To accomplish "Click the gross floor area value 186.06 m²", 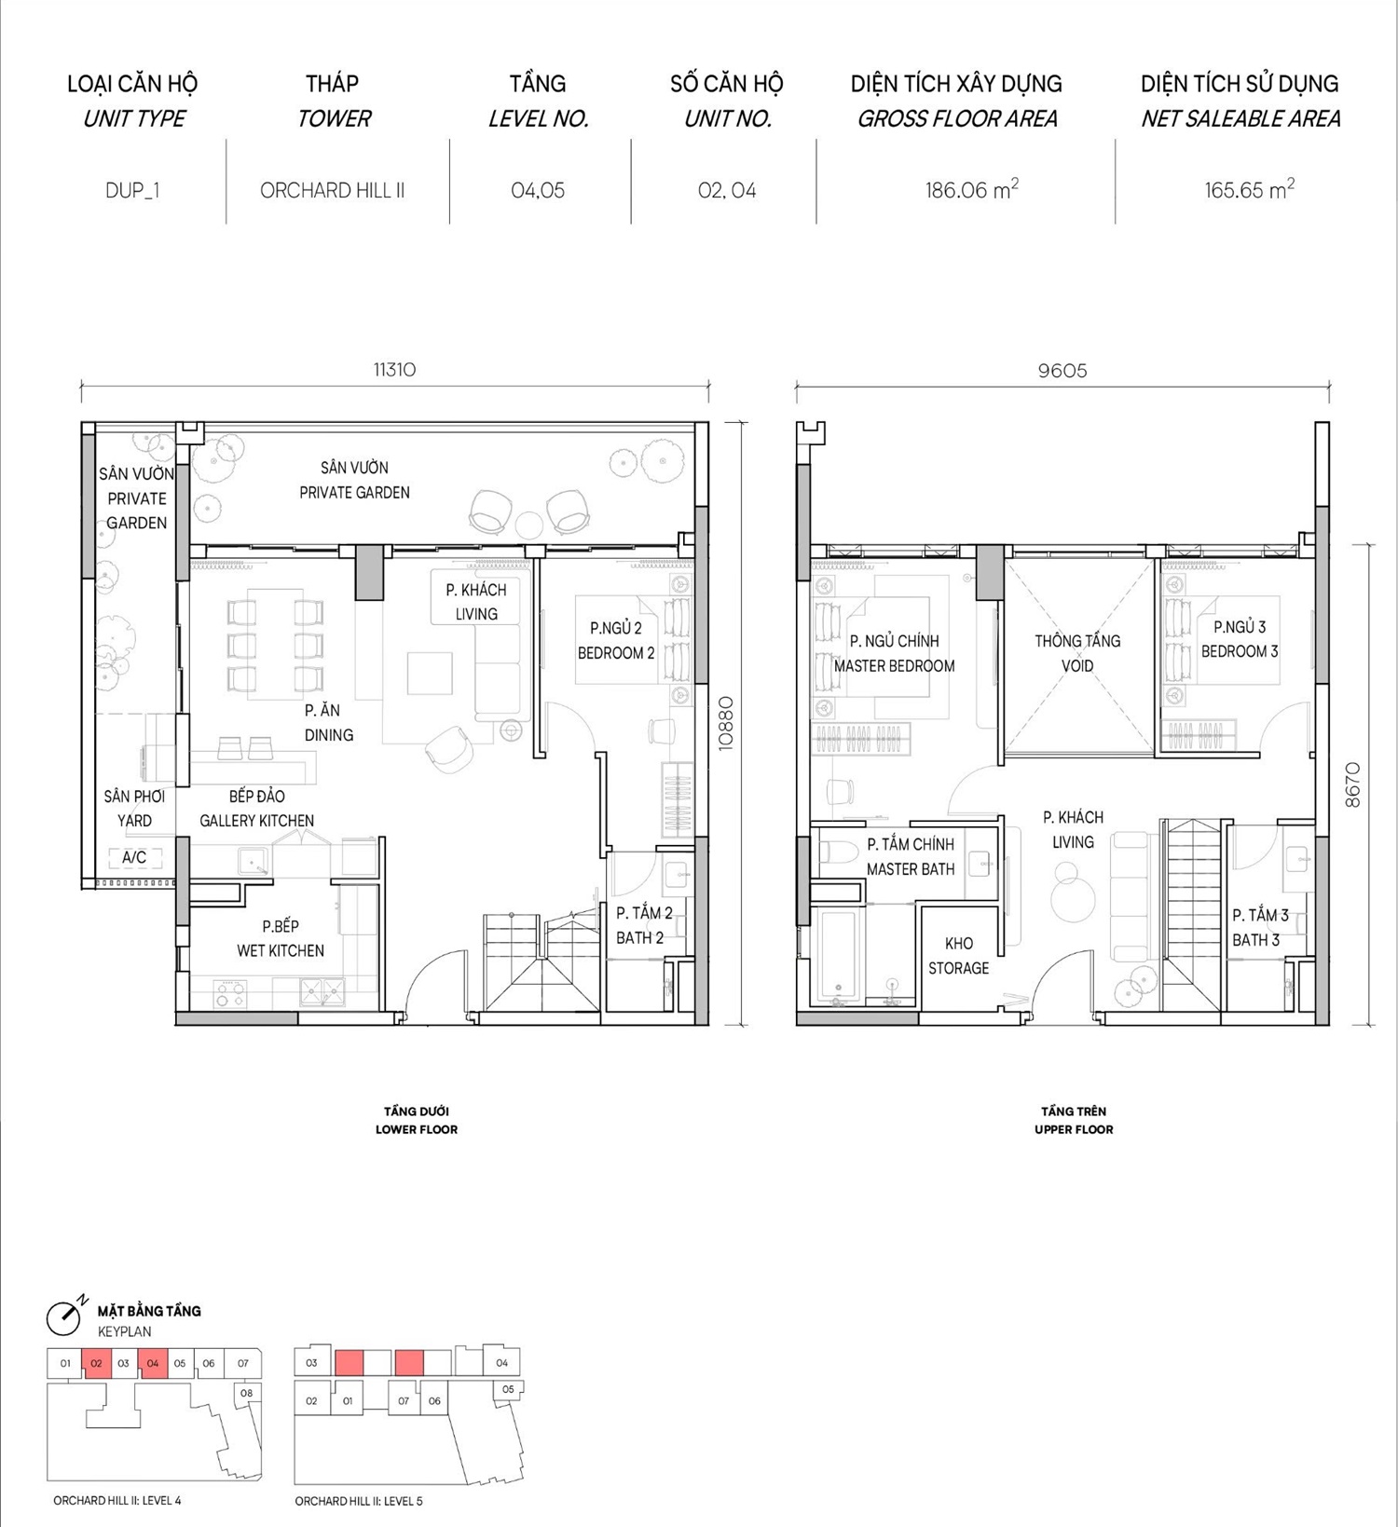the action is tap(971, 189).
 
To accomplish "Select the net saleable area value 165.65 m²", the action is tap(1249, 189).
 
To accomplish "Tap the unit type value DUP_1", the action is tap(132, 190).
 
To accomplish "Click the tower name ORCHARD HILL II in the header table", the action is tap(332, 190).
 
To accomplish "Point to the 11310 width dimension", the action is tap(394, 369).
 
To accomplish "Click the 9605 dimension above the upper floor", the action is tap(1062, 370).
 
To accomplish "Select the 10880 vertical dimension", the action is tap(726, 723).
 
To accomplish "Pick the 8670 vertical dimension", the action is tap(1353, 784).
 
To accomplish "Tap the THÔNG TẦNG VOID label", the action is tap(1077, 653).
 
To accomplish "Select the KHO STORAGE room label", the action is tap(958, 956).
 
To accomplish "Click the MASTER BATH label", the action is tap(911, 869).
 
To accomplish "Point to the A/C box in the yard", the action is tap(134, 857).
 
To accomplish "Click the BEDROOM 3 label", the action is tap(1240, 651).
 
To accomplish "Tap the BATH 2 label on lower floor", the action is tap(640, 937).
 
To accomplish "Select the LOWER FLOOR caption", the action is tap(417, 1129).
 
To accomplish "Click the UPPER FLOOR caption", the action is tap(1074, 1129).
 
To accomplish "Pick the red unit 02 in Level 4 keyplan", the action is tap(96, 1363).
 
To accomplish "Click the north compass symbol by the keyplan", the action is tap(64, 1316).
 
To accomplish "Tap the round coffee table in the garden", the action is tap(529, 525).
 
